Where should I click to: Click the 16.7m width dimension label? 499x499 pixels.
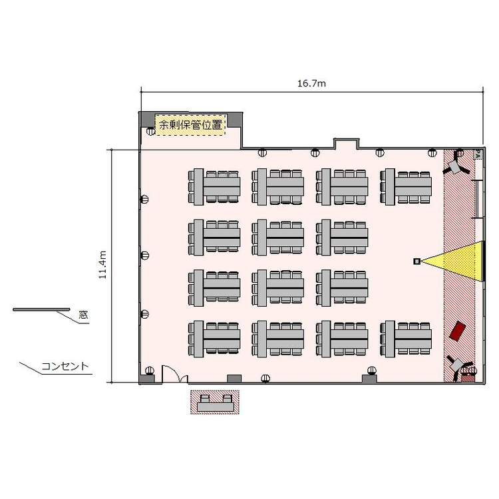[311, 83]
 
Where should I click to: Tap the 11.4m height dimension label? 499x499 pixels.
[102, 265]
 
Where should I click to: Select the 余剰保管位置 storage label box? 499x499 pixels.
[191, 125]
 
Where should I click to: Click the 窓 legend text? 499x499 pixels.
[83, 315]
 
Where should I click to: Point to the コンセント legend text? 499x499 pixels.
[65, 367]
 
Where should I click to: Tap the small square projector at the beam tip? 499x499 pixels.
[416, 261]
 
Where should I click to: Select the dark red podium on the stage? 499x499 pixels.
[458, 331]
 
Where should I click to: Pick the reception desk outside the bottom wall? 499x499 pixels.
[215, 403]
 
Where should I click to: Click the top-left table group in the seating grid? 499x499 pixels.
[214, 187]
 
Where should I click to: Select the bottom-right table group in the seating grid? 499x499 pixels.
[406, 339]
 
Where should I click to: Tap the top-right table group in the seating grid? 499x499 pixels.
[406, 187]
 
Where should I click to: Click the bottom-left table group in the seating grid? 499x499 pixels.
[214, 339]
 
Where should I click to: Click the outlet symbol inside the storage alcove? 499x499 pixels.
[150, 131]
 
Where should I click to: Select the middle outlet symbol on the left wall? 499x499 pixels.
[145, 255]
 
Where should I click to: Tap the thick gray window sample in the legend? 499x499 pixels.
[41, 309]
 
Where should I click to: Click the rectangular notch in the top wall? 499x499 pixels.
[347, 143]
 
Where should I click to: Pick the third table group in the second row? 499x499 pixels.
[342, 238]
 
